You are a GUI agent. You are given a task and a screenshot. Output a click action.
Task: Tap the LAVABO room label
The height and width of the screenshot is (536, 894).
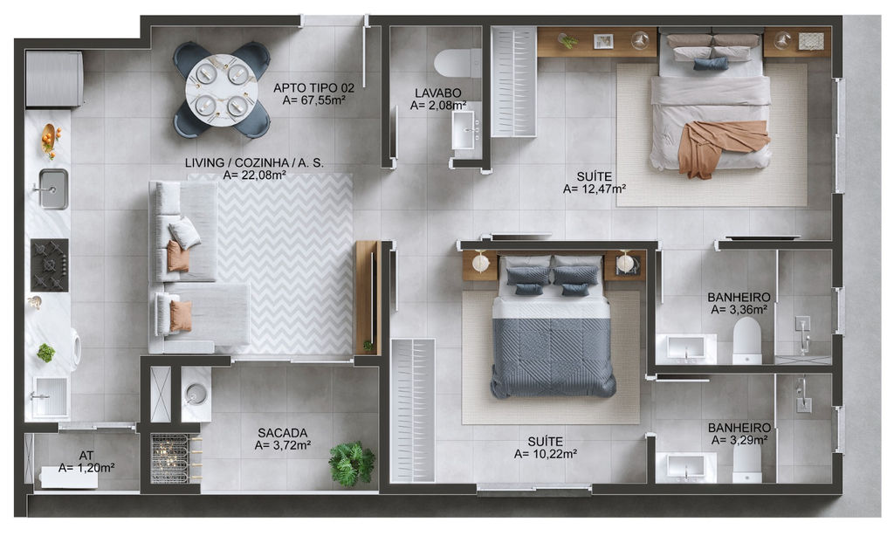pos(438,93)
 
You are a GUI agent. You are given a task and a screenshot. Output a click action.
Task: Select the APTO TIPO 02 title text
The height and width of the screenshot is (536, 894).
pos(313,88)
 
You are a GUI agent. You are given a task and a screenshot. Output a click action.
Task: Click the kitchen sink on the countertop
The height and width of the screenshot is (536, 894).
pos(53,189)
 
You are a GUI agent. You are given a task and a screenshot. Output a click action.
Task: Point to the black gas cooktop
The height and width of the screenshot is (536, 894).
pos(50,265)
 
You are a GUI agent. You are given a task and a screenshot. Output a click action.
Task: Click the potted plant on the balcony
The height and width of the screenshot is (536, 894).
pos(352,463)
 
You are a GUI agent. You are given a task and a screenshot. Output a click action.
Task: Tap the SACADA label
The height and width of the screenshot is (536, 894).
pos(282,433)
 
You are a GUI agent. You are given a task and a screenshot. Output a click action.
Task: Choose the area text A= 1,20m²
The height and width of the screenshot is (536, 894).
pos(86,468)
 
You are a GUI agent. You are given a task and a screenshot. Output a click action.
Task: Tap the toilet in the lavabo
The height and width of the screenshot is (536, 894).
pos(457,64)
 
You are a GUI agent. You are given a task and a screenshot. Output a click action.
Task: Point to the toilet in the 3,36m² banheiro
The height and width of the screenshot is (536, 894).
pos(747,340)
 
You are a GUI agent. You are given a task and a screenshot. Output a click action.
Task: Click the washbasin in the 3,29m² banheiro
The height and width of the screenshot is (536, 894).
pos(686,467)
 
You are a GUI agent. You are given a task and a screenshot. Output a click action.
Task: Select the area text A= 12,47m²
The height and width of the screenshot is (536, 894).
pos(595,189)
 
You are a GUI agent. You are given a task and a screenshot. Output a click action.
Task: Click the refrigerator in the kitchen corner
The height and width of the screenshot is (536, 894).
pos(54,79)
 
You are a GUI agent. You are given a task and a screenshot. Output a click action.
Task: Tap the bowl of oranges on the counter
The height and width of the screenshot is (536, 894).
pos(49,139)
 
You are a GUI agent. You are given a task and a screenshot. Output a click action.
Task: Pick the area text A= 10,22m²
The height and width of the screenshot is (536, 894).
pos(546,454)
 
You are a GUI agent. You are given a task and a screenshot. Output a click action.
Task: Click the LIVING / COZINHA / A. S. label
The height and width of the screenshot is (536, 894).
pos(254,163)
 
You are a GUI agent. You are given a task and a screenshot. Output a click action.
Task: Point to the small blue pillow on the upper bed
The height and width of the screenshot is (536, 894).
pos(711,64)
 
